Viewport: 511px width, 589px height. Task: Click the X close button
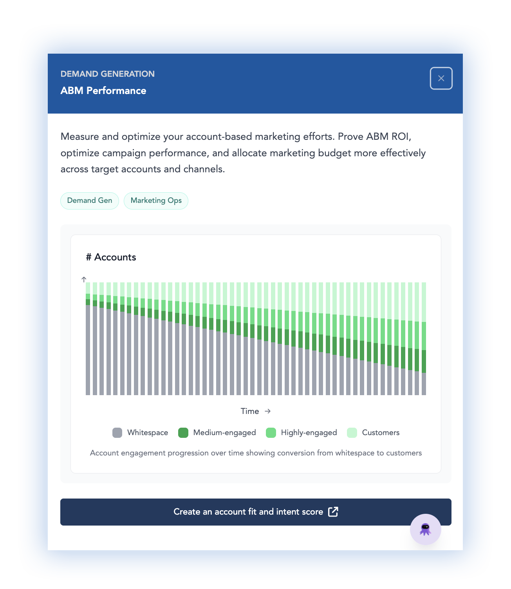tap(441, 78)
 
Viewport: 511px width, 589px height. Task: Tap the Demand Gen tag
tap(90, 201)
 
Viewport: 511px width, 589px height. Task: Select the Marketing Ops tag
tap(156, 201)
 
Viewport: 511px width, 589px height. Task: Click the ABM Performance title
tap(103, 90)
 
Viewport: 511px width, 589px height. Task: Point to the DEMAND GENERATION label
tap(108, 74)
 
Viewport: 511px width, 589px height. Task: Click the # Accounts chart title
tap(111, 257)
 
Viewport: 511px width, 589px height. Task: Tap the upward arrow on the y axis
tap(84, 279)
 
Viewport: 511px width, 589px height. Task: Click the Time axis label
tap(250, 411)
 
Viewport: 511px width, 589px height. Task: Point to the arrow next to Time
tap(268, 411)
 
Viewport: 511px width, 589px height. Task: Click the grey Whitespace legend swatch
tap(117, 433)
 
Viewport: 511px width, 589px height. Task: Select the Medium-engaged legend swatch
tap(183, 433)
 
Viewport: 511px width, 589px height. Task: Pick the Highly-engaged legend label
tap(309, 433)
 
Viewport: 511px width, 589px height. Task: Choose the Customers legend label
tap(381, 433)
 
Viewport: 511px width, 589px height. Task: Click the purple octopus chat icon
tap(425, 529)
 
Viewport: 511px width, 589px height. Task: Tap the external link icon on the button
tap(333, 511)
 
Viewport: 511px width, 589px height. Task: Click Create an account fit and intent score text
tap(248, 512)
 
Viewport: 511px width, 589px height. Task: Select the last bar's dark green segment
tap(424, 361)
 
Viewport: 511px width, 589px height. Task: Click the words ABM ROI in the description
tap(388, 137)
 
